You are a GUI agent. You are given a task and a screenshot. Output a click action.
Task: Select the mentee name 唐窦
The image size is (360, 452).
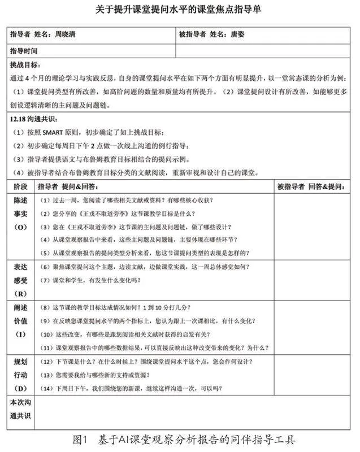click(238, 34)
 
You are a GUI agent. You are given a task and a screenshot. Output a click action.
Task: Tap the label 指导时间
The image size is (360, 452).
click(24, 51)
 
